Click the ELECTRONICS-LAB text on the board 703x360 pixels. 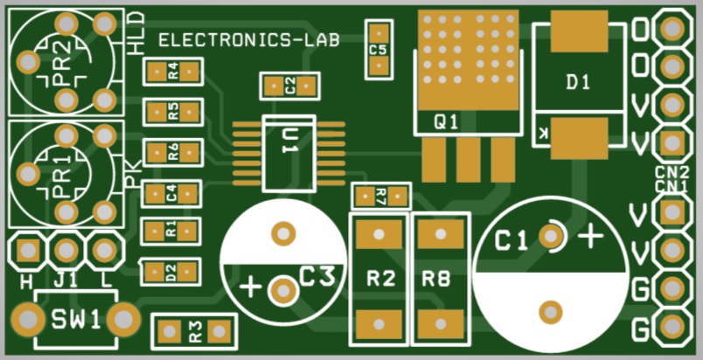pyautogui.click(x=249, y=40)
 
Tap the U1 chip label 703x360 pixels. pyautogui.click(x=289, y=142)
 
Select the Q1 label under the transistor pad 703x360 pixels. pyautogui.click(x=446, y=121)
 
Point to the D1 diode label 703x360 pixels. pyautogui.click(x=578, y=82)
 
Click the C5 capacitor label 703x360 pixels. pyautogui.click(x=379, y=50)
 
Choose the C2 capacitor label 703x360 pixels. pyautogui.click(x=289, y=87)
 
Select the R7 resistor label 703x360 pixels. pyautogui.click(x=381, y=196)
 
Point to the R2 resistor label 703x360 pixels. pyautogui.click(x=380, y=280)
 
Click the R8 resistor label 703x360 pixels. pyautogui.click(x=435, y=280)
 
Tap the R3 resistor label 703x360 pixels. pyautogui.click(x=195, y=331)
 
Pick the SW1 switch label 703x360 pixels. pyautogui.click(x=75, y=320)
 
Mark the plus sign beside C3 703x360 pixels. pyautogui.click(x=250, y=287)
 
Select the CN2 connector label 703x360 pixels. pyautogui.click(x=672, y=172)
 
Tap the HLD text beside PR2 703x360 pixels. pyautogui.click(x=136, y=33)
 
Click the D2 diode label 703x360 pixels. pyautogui.click(x=171, y=273)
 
